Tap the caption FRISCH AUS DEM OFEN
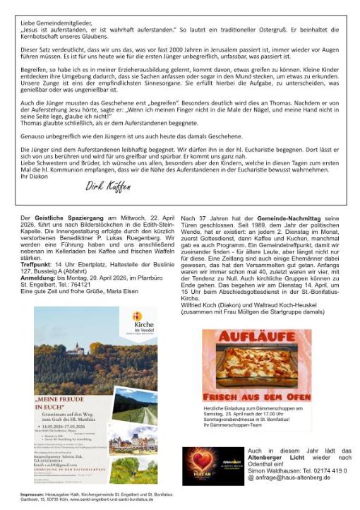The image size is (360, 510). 257,396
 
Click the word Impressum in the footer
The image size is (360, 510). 32,492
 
